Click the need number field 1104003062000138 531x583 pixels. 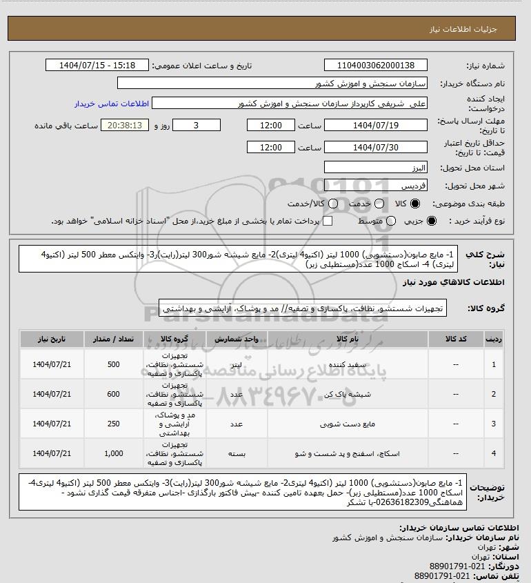375,66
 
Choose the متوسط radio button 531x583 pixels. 391,221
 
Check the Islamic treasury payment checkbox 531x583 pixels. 328,221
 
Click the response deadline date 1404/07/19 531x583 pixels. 375,126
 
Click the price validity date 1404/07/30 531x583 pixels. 375,148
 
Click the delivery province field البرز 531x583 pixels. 375,168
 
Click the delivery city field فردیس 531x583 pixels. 375,186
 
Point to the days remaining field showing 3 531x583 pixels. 197,126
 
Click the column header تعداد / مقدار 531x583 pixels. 114,339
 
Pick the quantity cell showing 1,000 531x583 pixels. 114,453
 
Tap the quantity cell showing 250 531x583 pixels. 114,424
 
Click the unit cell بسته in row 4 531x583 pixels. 235,453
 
